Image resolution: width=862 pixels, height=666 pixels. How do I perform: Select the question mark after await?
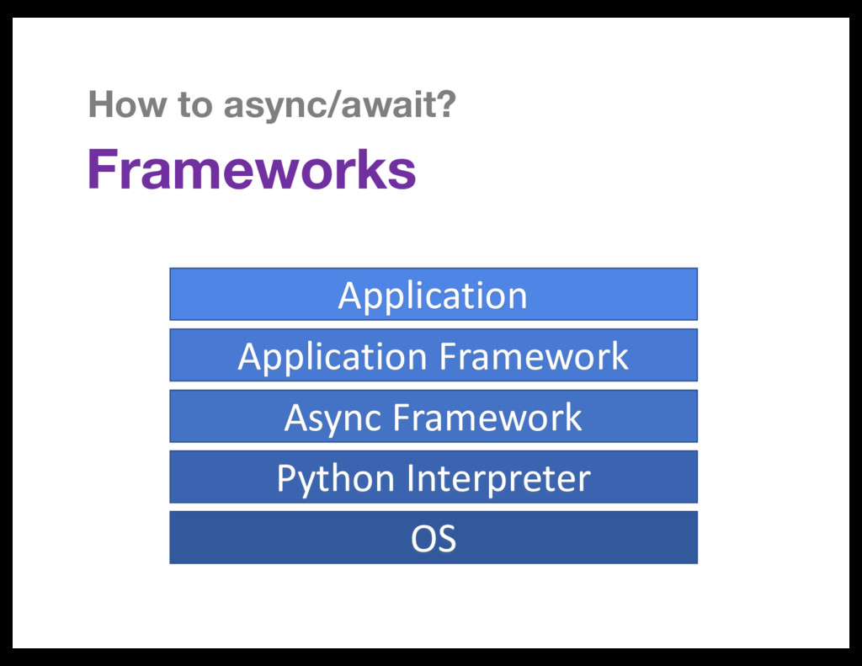tap(447, 106)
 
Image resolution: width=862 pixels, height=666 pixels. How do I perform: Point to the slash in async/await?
tap(335, 106)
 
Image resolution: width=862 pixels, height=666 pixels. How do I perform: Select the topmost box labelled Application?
tap(433, 295)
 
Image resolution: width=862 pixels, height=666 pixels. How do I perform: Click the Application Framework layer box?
tap(433, 355)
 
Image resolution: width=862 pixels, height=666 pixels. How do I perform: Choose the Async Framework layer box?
tap(433, 416)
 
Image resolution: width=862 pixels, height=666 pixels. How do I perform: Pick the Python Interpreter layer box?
tap(433, 477)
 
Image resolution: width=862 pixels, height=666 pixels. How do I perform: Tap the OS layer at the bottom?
tap(433, 537)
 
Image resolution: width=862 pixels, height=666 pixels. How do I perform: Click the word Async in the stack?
tap(333, 418)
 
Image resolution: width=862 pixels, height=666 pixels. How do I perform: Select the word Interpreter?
tap(498, 478)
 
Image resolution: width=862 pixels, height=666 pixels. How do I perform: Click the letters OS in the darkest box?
tap(433, 538)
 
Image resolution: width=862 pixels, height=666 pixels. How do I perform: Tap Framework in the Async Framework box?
tap(487, 417)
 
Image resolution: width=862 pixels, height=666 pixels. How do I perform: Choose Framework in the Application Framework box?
tap(534, 356)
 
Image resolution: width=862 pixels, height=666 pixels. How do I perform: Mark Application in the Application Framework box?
tap(333, 357)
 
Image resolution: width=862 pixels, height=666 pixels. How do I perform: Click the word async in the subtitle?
tap(276, 107)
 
